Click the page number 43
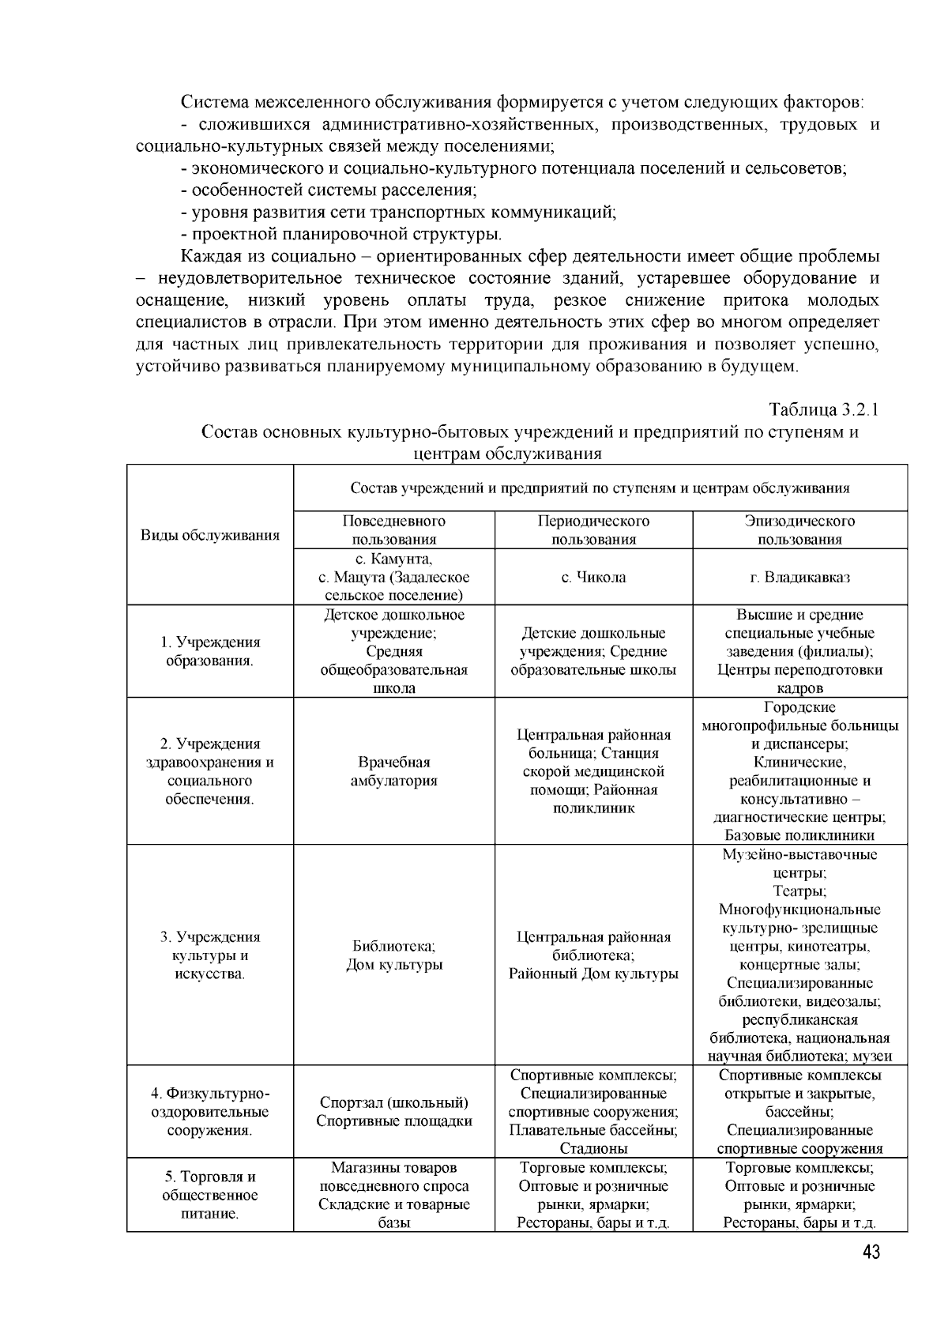pos(870,1252)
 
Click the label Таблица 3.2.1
pos(823,410)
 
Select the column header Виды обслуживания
pos(210,535)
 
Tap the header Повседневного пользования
pos(394,530)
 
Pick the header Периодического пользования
pos(593,530)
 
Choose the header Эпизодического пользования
pos(799,530)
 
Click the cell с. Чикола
pos(593,577)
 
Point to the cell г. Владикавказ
pos(799,577)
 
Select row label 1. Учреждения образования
pos(210,651)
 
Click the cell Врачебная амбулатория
pos(394,771)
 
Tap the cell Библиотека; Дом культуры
pos(394,955)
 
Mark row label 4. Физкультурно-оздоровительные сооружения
pos(210,1112)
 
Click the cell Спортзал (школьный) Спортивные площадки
pos(394,1112)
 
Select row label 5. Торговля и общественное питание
pos(210,1195)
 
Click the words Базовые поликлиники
pos(799,835)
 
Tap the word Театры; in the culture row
pos(799,891)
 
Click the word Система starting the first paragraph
pos(210,102)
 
